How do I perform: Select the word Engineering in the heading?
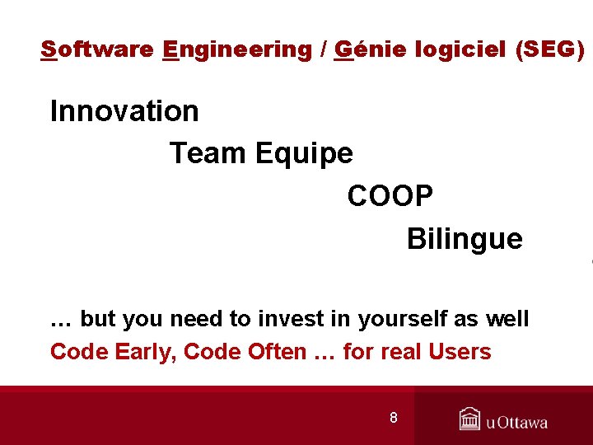pos(237,50)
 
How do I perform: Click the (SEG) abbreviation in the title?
pos(549,50)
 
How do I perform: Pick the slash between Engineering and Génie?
pos(323,50)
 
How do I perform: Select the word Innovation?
pos(124,111)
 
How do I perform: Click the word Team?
pos(208,153)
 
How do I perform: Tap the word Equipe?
pos(304,153)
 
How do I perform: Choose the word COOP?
pos(390,196)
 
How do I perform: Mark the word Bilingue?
pos(465,239)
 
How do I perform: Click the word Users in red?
pos(460,352)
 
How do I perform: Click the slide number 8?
pos(394,418)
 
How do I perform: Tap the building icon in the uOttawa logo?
pos(469,419)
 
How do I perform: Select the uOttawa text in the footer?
pos(516,423)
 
